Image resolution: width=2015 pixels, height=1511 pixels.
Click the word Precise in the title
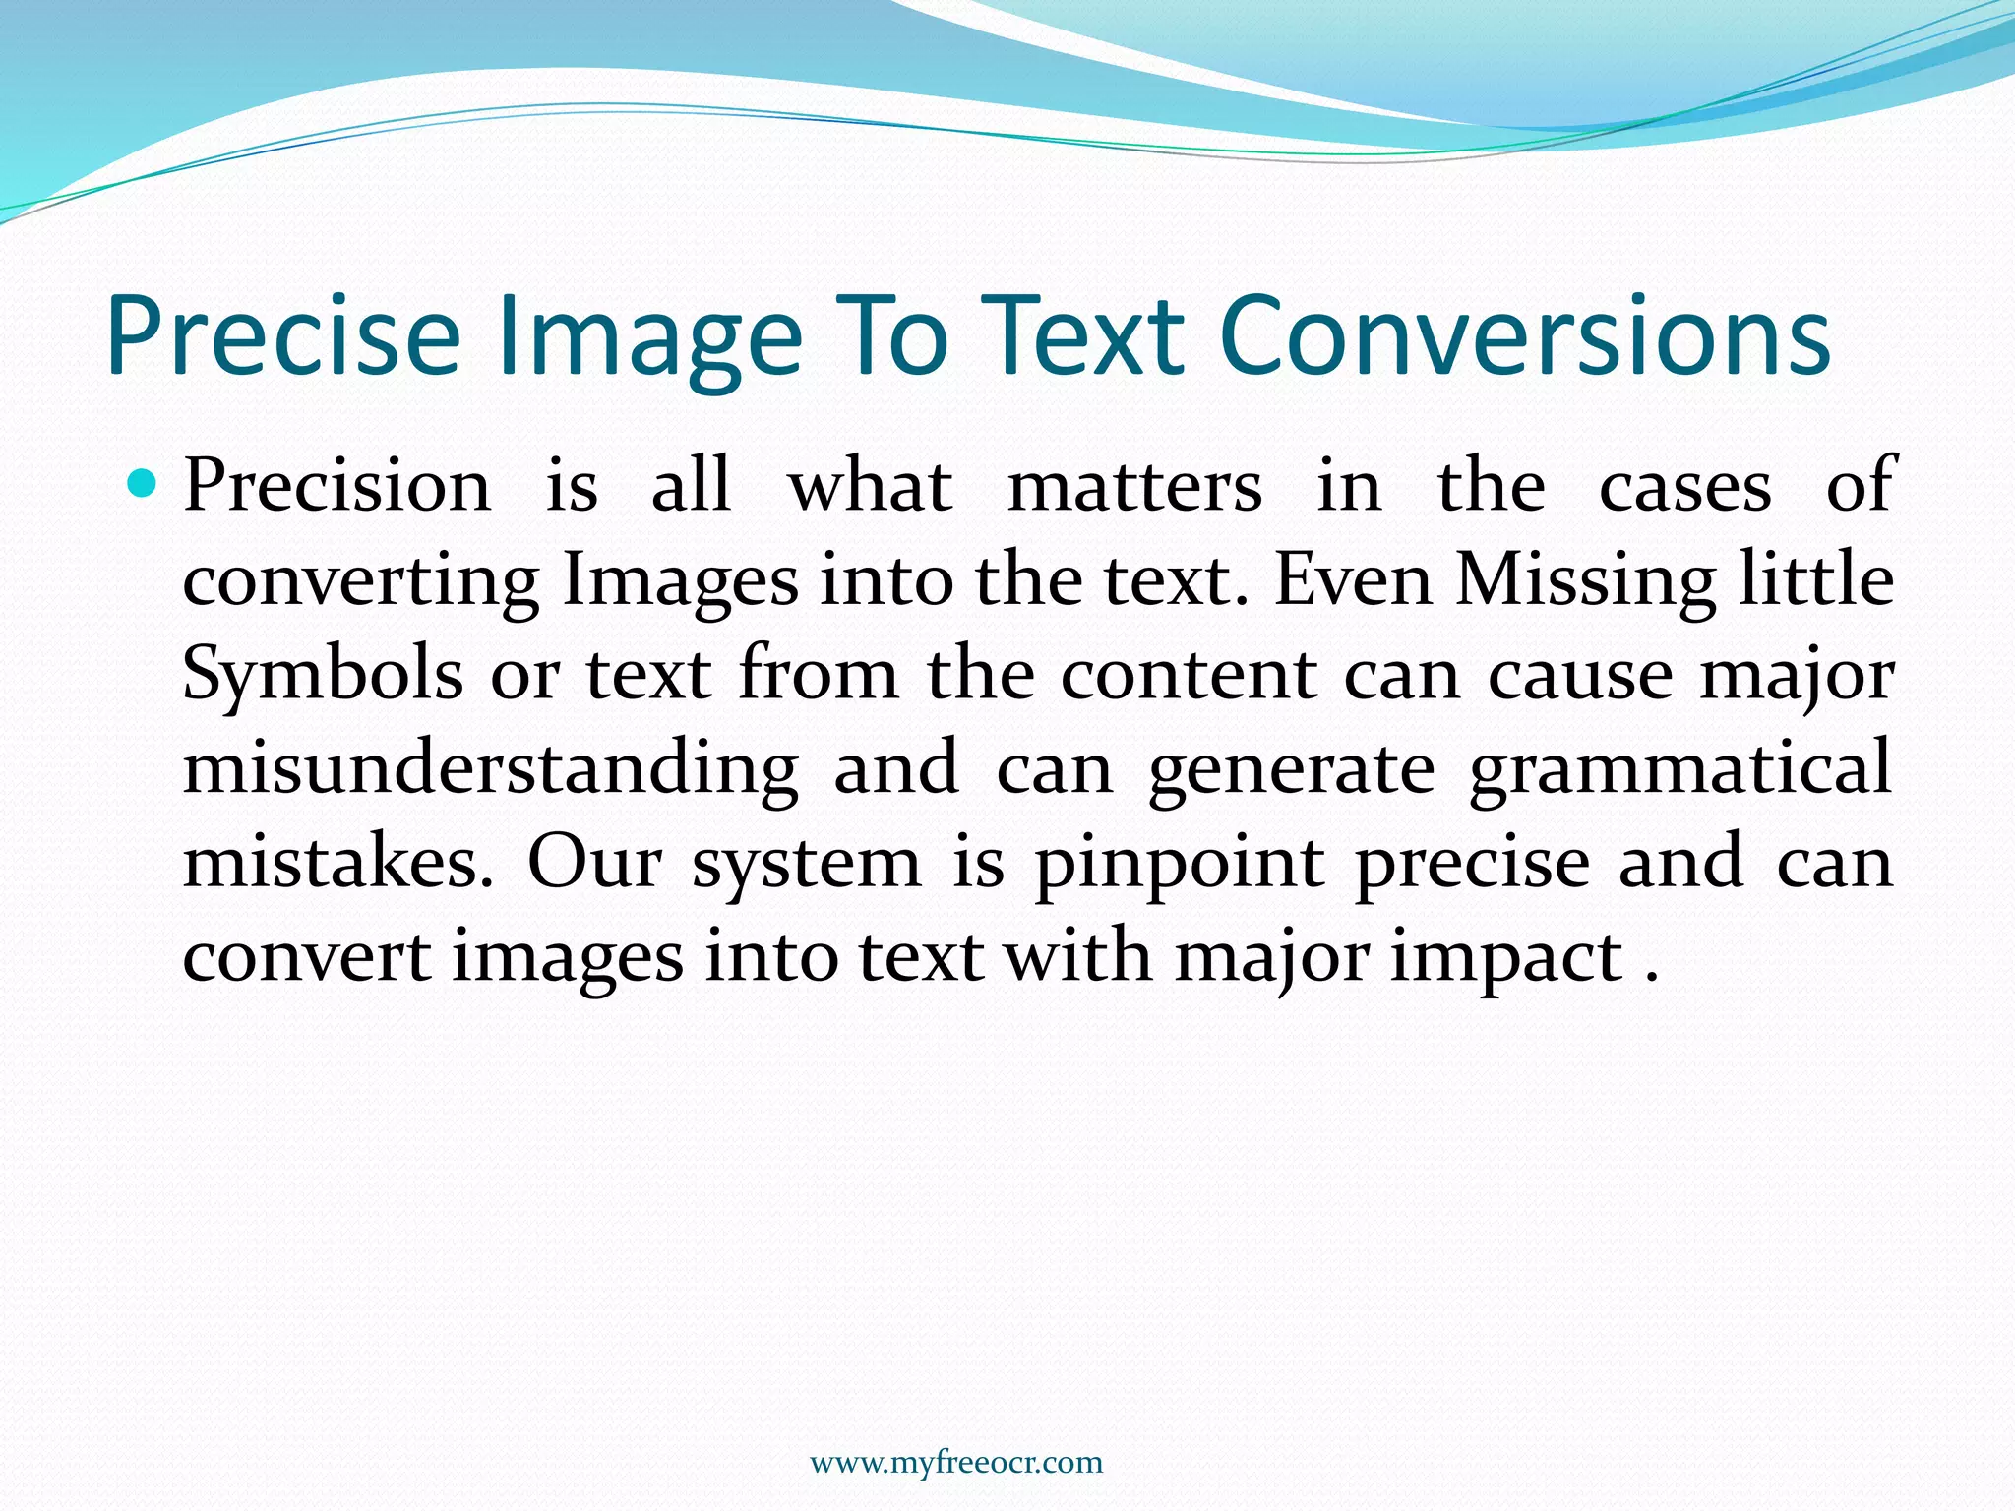coord(283,336)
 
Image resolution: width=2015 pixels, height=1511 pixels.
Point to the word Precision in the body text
coord(336,485)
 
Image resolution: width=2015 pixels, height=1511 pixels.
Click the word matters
coord(1134,485)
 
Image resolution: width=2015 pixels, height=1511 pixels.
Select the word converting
coord(360,580)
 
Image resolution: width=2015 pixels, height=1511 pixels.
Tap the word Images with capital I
coord(680,580)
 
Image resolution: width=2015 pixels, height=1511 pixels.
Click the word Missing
coord(1585,580)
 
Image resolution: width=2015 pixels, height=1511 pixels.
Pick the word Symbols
coord(323,675)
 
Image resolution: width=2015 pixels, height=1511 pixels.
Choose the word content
coord(1189,675)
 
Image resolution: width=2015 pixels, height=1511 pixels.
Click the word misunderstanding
coord(490,768)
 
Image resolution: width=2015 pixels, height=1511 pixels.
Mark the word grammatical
coord(1679,768)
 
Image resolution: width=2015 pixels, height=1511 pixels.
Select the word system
coord(806,864)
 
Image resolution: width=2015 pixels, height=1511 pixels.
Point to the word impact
coord(1505,957)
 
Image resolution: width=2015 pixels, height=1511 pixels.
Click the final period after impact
coord(1652,978)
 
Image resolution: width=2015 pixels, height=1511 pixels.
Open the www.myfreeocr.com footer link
coord(956,1463)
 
